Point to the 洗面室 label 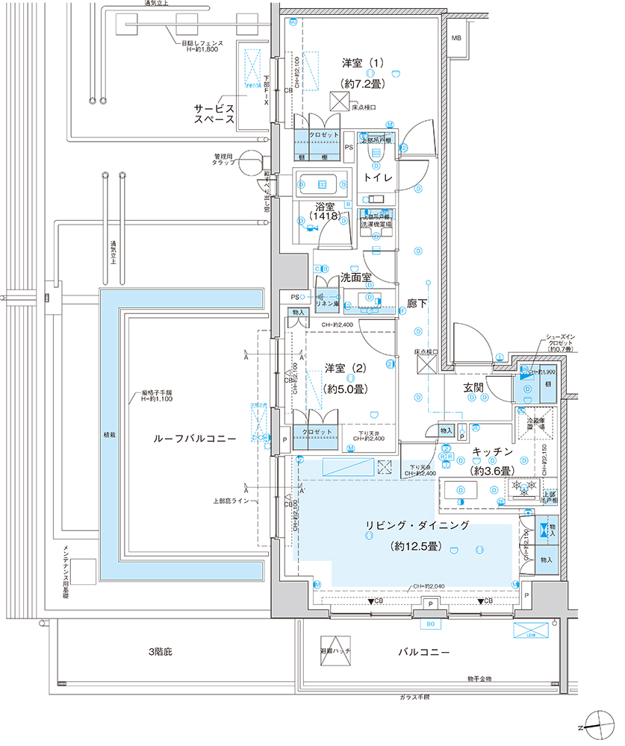[x=356, y=277]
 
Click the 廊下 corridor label [x=417, y=304]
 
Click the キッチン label [x=491, y=452]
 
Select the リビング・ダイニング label [x=417, y=525]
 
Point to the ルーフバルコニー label [x=184, y=440]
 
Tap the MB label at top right [x=456, y=38]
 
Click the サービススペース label [x=215, y=113]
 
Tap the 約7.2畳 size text [x=361, y=84]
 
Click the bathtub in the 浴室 [x=323, y=184]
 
